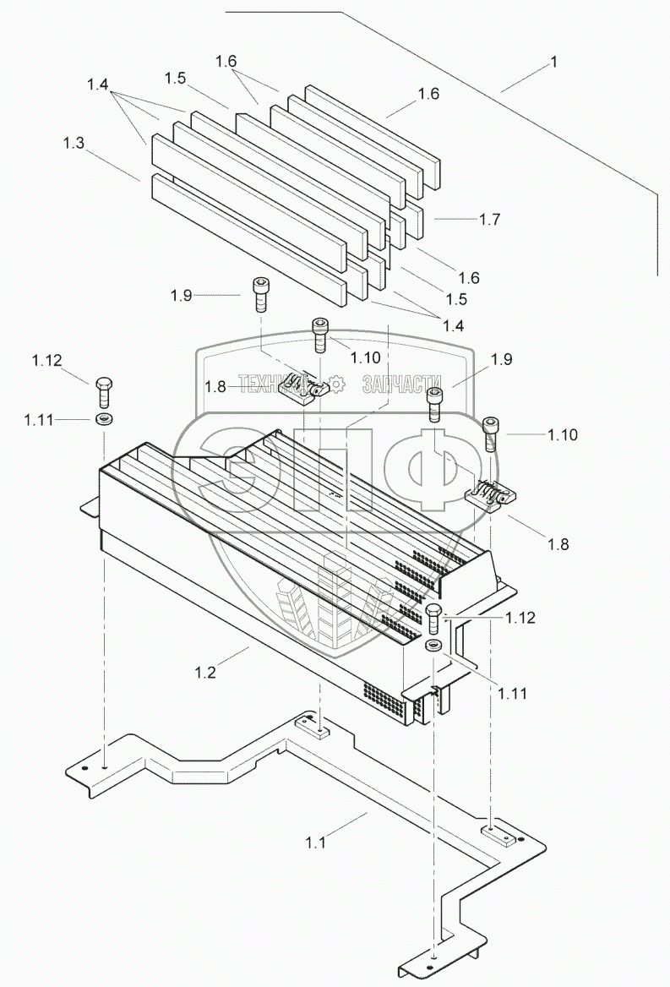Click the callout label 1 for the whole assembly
click(553, 63)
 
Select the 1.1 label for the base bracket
click(316, 842)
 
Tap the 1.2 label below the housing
click(205, 673)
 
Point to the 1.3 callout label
click(74, 143)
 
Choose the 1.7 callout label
click(489, 219)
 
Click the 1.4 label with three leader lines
click(97, 85)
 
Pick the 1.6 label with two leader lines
click(226, 61)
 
